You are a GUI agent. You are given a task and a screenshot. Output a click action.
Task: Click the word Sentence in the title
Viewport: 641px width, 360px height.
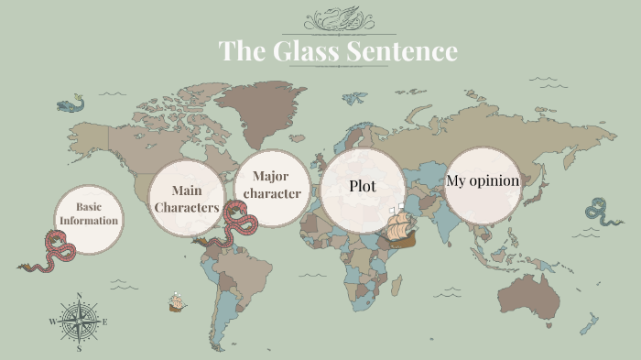coord(402,51)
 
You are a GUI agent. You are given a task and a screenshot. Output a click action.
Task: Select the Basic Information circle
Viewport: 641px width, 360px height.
coord(89,214)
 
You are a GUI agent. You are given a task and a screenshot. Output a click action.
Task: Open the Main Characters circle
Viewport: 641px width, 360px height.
coord(187,199)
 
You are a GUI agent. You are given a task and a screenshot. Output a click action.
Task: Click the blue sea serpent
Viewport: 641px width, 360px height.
coord(602,213)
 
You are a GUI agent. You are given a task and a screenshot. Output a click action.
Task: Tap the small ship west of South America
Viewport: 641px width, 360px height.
coord(177,300)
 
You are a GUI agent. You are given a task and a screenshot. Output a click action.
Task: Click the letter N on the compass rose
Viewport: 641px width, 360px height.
coord(80,296)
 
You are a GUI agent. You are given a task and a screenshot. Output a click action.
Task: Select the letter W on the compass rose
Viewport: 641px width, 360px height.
coord(52,322)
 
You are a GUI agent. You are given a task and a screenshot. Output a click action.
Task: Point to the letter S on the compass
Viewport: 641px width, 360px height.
coord(80,348)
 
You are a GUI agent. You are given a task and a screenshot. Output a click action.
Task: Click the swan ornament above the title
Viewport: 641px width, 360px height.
coord(337,18)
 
